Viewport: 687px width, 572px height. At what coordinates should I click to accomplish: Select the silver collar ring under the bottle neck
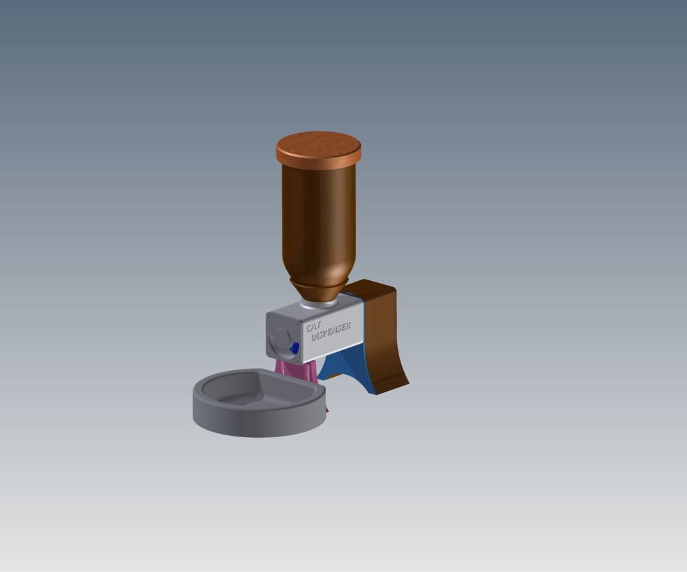[x=319, y=304]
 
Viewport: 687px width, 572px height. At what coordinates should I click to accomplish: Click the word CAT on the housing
[x=314, y=327]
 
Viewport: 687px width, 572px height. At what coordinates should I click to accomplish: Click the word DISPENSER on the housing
[x=331, y=331]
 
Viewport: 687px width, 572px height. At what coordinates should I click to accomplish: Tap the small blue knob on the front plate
[x=295, y=348]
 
